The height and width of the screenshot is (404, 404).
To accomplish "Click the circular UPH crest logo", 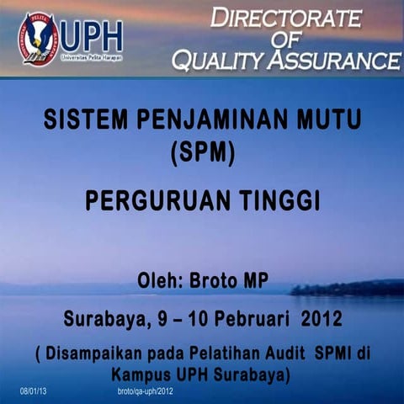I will [39, 38].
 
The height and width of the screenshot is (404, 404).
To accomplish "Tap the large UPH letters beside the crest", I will [92, 35].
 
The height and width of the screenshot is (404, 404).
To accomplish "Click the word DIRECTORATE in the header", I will [286, 17].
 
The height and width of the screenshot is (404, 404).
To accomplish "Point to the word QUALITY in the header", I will [220, 60].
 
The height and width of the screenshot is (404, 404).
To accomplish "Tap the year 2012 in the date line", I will [321, 320].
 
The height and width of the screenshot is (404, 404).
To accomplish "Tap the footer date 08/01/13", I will [34, 392].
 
